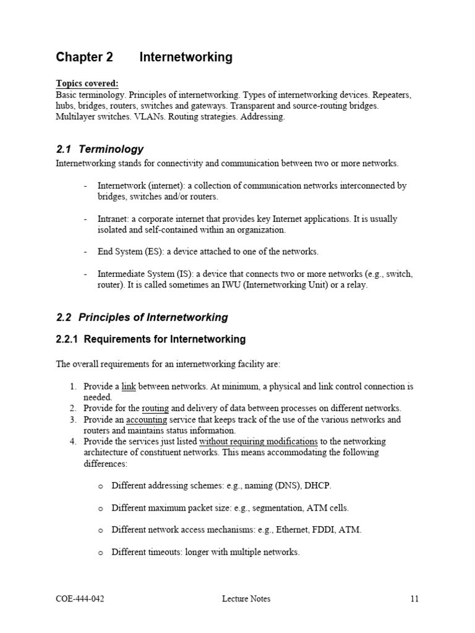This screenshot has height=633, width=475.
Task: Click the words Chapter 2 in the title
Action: click(x=85, y=57)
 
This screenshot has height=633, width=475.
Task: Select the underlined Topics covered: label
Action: click(x=87, y=83)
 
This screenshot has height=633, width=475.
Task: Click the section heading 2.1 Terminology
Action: click(x=100, y=149)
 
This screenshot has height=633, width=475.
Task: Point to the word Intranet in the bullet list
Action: click(x=113, y=219)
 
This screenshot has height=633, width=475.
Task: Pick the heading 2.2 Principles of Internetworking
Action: click(x=142, y=318)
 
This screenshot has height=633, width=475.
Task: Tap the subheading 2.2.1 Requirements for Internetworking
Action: click(x=150, y=339)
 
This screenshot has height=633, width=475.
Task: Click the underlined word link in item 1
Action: click(x=128, y=386)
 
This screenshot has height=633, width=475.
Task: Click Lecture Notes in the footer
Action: click(x=246, y=598)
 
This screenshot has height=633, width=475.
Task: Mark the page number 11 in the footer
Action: click(x=414, y=598)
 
